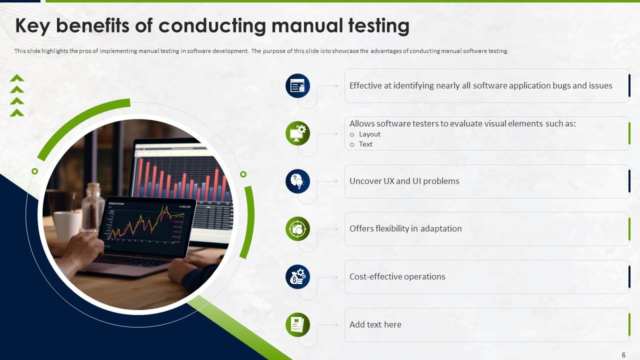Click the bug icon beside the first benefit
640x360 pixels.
click(x=297, y=86)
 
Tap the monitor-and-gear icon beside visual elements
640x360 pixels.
click(x=297, y=133)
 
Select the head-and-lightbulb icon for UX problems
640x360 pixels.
click(x=297, y=181)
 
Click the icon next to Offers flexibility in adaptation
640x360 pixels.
click(x=297, y=229)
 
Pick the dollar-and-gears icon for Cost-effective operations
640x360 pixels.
click(x=297, y=276)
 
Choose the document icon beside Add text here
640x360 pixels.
click(x=297, y=324)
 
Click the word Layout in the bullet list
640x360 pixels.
click(x=369, y=134)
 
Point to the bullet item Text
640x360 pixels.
click(x=365, y=144)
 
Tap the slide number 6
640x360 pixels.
click(x=623, y=355)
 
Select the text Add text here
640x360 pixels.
click(x=375, y=324)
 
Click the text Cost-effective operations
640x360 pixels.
click(x=397, y=276)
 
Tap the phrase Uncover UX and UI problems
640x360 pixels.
click(x=404, y=181)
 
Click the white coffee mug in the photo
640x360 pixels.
click(x=67, y=225)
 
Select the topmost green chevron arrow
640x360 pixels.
click(x=17, y=78)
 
